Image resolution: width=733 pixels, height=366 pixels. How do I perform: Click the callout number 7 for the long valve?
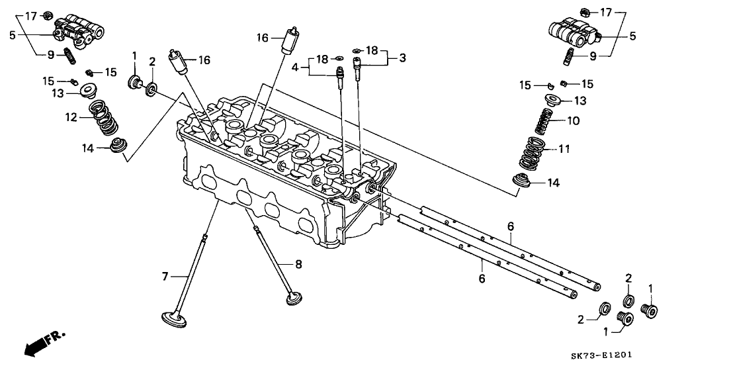tap(165, 277)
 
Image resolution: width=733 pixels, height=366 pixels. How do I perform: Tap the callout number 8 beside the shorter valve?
tap(298, 265)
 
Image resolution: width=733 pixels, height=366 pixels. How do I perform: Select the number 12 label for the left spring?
tap(71, 118)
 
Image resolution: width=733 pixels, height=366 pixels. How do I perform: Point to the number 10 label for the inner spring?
tap(574, 120)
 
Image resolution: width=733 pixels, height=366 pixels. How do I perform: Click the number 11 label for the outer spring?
tap(564, 149)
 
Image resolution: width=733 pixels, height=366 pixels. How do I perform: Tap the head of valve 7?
tap(176, 318)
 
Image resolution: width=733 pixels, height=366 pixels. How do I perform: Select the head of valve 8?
tap(294, 298)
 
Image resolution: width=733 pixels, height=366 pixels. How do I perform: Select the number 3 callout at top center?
tap(402, 58)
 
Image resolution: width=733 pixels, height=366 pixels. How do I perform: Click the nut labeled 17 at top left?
tap(48, 17)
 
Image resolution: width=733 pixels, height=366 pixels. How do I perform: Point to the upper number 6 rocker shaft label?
tap(511, 227)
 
